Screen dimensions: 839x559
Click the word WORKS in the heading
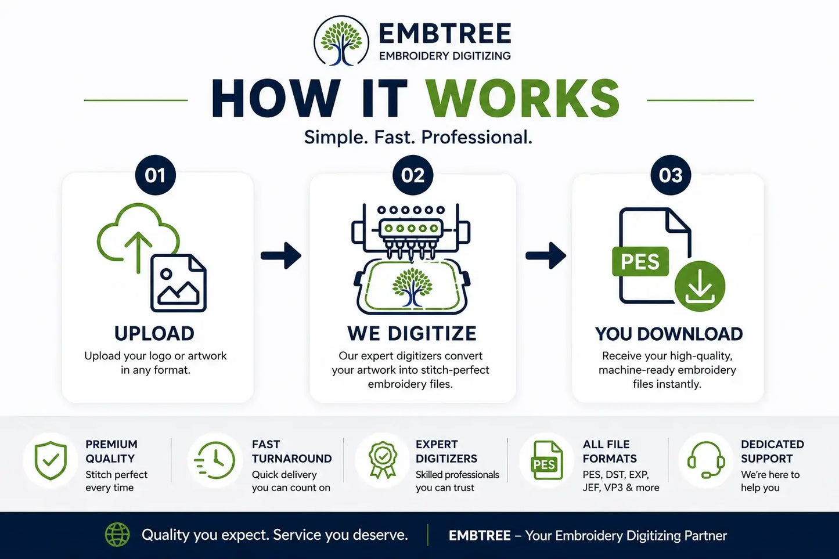(x=523, y=99)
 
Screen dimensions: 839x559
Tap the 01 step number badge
(x=156, y=175)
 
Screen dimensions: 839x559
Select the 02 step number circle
(x=413, y=175)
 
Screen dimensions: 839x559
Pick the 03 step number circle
(x=671, y=175)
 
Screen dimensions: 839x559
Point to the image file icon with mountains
(x=179, y=283)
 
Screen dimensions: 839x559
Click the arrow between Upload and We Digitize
(x=281, y=256)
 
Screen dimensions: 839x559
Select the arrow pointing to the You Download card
(x=546, y=256)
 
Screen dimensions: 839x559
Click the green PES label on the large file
(x=640, y=261)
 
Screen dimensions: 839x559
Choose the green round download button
(x=700, y=286)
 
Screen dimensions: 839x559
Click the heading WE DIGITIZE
(x=412, y=333)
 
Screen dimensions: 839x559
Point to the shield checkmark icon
(x=51, y=460)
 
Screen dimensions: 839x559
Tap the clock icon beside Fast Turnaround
(x=215, y=460)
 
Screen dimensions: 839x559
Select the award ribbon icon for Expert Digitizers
(x=383, y=460)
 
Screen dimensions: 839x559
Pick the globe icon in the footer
(x=117, y=535)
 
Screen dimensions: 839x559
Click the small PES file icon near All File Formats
(x=546, y=460)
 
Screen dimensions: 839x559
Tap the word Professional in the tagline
(x=477, y=138)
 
